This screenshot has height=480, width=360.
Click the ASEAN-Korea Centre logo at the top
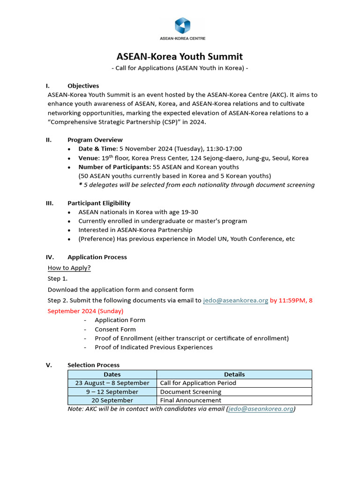tap(182, 29)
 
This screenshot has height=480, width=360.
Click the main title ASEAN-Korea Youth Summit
tap(180, 57)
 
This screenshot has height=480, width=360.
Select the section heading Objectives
tap(83, 86)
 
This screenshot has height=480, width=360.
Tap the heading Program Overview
tap(95, 140)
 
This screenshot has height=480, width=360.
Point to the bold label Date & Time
tap(97, 149)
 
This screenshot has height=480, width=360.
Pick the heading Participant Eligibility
tap(99, 203)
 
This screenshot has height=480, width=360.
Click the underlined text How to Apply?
tap(69, 268)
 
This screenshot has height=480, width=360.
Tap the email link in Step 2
tap(235, 300)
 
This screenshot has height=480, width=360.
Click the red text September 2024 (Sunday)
tap(85, 311)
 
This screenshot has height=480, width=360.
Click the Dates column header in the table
tap(112, 374)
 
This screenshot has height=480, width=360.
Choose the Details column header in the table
tap(234, 374)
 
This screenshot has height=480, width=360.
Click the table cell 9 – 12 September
tap(112, 392)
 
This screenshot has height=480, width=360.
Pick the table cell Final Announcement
tap(190, 400)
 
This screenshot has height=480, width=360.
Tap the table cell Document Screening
tap(190, 392)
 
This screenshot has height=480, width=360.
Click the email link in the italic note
tap(261, 409)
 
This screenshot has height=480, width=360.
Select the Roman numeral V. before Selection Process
tap(49, 365)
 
